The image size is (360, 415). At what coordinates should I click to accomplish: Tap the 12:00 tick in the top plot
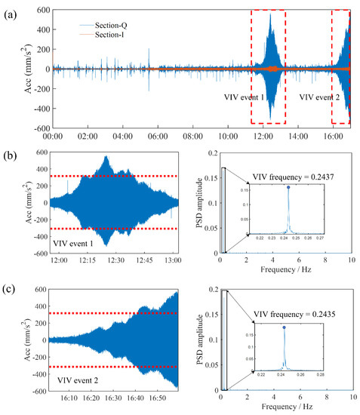pyautogui.click(x=263, y=137)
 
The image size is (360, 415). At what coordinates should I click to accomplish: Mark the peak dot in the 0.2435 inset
pyautogui.click(x=284, y=327)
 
